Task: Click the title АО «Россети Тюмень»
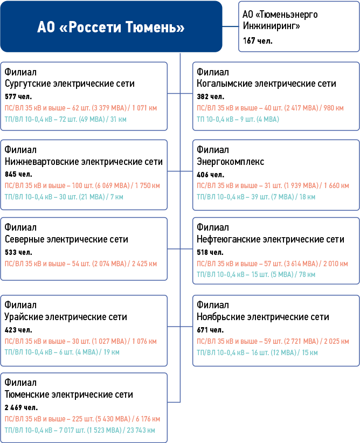point(111,27)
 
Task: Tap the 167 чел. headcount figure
point(258,41)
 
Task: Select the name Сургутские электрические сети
point(70,84)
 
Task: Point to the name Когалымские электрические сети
point(266,84)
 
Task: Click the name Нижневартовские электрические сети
point(84,161)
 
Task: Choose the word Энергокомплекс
point(230,161)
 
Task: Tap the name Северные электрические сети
point(66,239)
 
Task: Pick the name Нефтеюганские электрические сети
point(270,239)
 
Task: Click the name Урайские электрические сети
point(66,316)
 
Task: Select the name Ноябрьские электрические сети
point(262,316)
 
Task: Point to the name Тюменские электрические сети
point(68,394)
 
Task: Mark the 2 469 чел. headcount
point(21,407)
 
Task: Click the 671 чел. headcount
point(210,329)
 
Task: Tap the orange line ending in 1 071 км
point(81,108)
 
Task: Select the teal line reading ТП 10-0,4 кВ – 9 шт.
point(238,119)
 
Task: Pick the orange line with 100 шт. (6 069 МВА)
point(81,185)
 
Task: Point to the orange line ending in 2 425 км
point(81,264)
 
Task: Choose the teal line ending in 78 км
point(256,274)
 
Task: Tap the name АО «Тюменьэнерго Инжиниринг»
point(280,20)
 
